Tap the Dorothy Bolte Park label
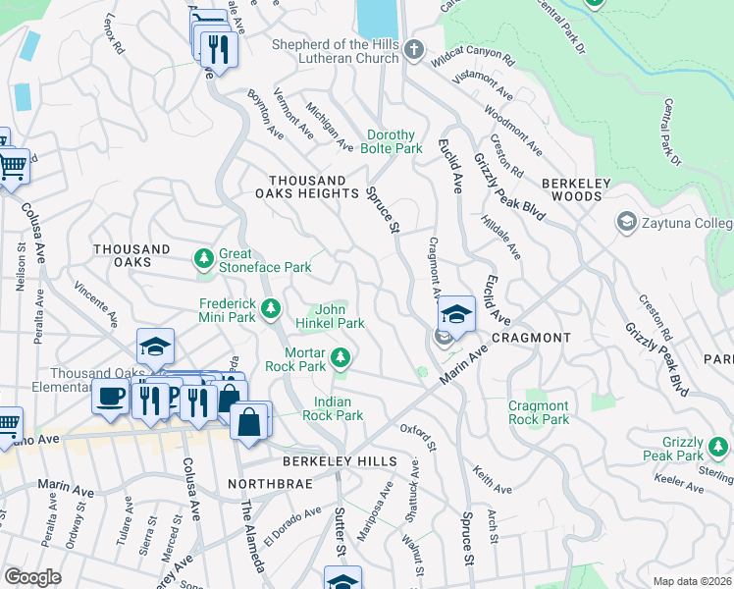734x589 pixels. click(x=394, y=142)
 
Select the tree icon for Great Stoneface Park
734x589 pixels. click(x=203, y=259)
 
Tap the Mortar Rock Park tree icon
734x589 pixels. click(x=341, y=358)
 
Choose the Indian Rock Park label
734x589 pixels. click(x=339, y=408)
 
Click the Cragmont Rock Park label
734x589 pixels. click(x=538, y=412)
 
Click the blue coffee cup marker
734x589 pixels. click(x=109, y=396)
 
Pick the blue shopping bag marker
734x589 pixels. click(x=251, y=421)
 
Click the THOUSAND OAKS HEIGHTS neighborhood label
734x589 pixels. click(x=308, y=187)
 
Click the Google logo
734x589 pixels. click(x=32, y=576)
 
